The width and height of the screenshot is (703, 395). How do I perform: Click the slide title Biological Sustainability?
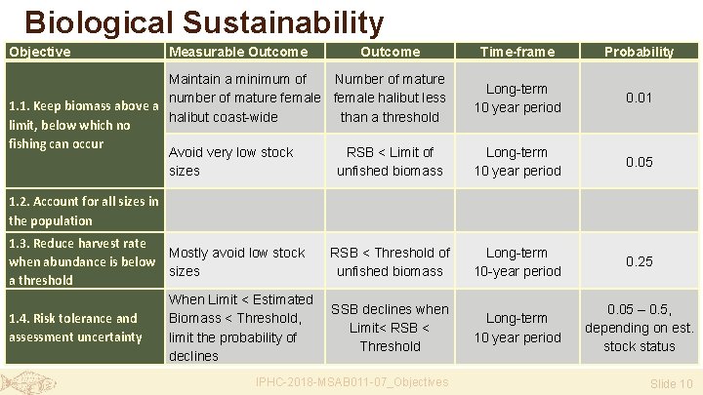click(x=204, y=21)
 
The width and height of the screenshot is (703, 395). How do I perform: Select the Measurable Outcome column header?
click(x=238, y=52)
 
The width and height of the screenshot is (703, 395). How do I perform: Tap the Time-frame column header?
click(x=517, y=52)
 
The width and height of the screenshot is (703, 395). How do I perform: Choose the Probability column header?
click(x=639, y=52)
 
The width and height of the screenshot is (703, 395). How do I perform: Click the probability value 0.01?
click(x=639, y=98)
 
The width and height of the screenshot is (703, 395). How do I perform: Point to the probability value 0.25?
click(x=639, y=261)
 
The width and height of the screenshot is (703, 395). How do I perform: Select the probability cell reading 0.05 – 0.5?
click(x=639, y=328)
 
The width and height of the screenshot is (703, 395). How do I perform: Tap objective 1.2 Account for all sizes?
click(x=82, y=211)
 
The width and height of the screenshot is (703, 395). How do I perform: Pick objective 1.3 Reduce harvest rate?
click(x=82, y=261)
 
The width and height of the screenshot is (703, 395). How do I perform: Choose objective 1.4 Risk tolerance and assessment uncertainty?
click(x=73, y=328)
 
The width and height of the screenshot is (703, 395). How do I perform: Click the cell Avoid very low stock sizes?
click(x=231, y=161)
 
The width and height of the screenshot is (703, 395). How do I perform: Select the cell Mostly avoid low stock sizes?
click(x=237, y=261)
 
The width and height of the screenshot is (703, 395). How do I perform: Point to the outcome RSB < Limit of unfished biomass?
click(x=390, y=161)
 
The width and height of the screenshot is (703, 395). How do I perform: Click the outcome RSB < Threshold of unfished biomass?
click(x=390, y=261)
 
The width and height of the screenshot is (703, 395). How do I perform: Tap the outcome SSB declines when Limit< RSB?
click(x=390, y=328)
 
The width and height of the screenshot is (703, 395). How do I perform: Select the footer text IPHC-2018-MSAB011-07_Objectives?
click(x=351, y=381)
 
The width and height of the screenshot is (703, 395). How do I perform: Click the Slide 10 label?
click(x=671, y=383)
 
